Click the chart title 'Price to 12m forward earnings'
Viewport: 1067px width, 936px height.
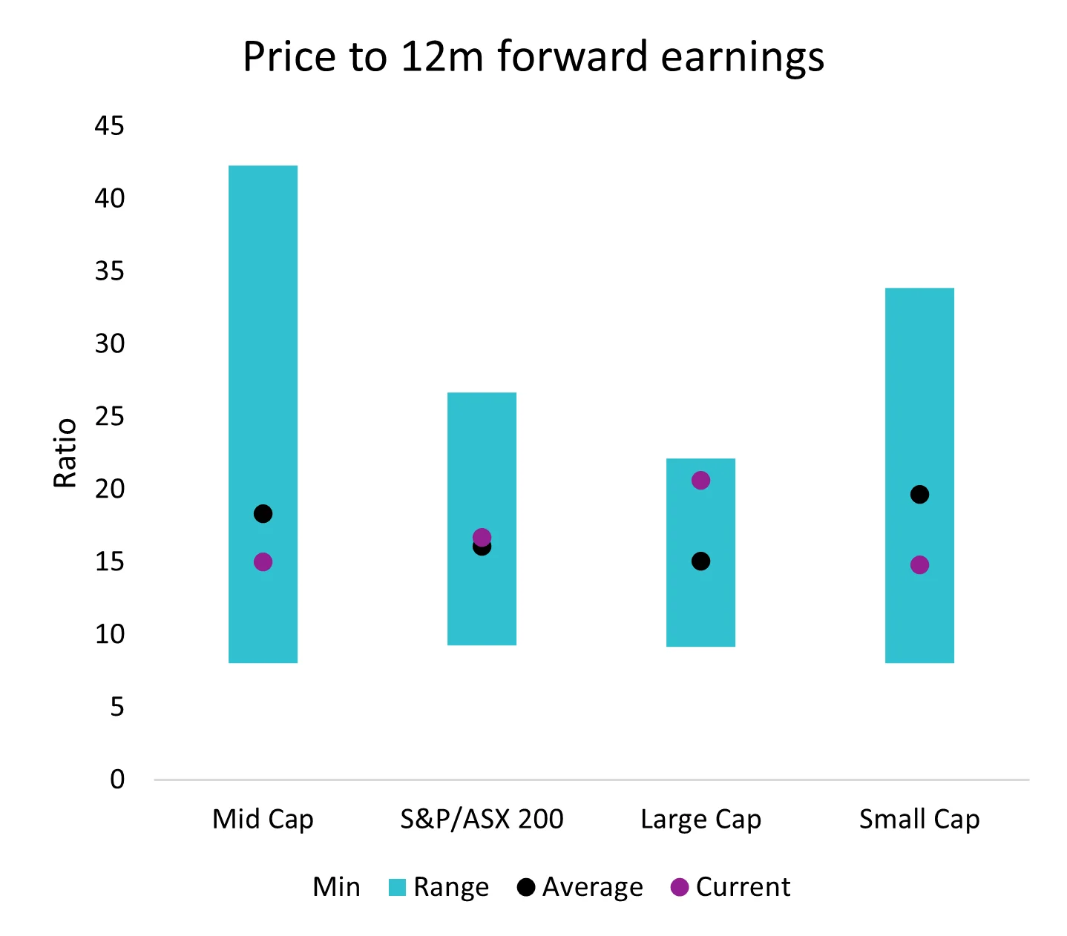tap(533, 56)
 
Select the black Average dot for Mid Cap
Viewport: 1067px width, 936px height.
tap(263, 513)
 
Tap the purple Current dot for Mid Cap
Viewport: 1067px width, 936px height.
tap(263, 562)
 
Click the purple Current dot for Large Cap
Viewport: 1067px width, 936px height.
tap(700, 481)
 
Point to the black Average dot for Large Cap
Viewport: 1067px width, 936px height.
tap(700, 561)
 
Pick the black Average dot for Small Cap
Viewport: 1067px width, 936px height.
tap(919, 495)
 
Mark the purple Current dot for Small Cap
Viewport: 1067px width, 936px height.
tap(919, 565)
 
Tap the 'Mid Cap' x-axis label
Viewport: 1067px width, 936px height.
tap(263, 820)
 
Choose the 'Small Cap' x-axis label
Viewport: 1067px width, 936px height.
tap(919, 820)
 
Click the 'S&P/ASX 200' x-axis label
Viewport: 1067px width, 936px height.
tap(482, 820)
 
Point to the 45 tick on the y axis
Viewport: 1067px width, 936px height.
tap(109, 126)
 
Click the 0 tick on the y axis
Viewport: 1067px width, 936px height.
tap(117, 780)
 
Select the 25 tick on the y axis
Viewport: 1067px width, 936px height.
tap(109, 417)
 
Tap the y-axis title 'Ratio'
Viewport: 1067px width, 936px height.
tap(65, 452)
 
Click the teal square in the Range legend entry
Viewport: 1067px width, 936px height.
tap(397, 887)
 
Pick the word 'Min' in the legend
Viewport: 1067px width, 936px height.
tap(336, 887)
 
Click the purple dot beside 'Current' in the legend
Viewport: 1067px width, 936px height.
tap(679, 887)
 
